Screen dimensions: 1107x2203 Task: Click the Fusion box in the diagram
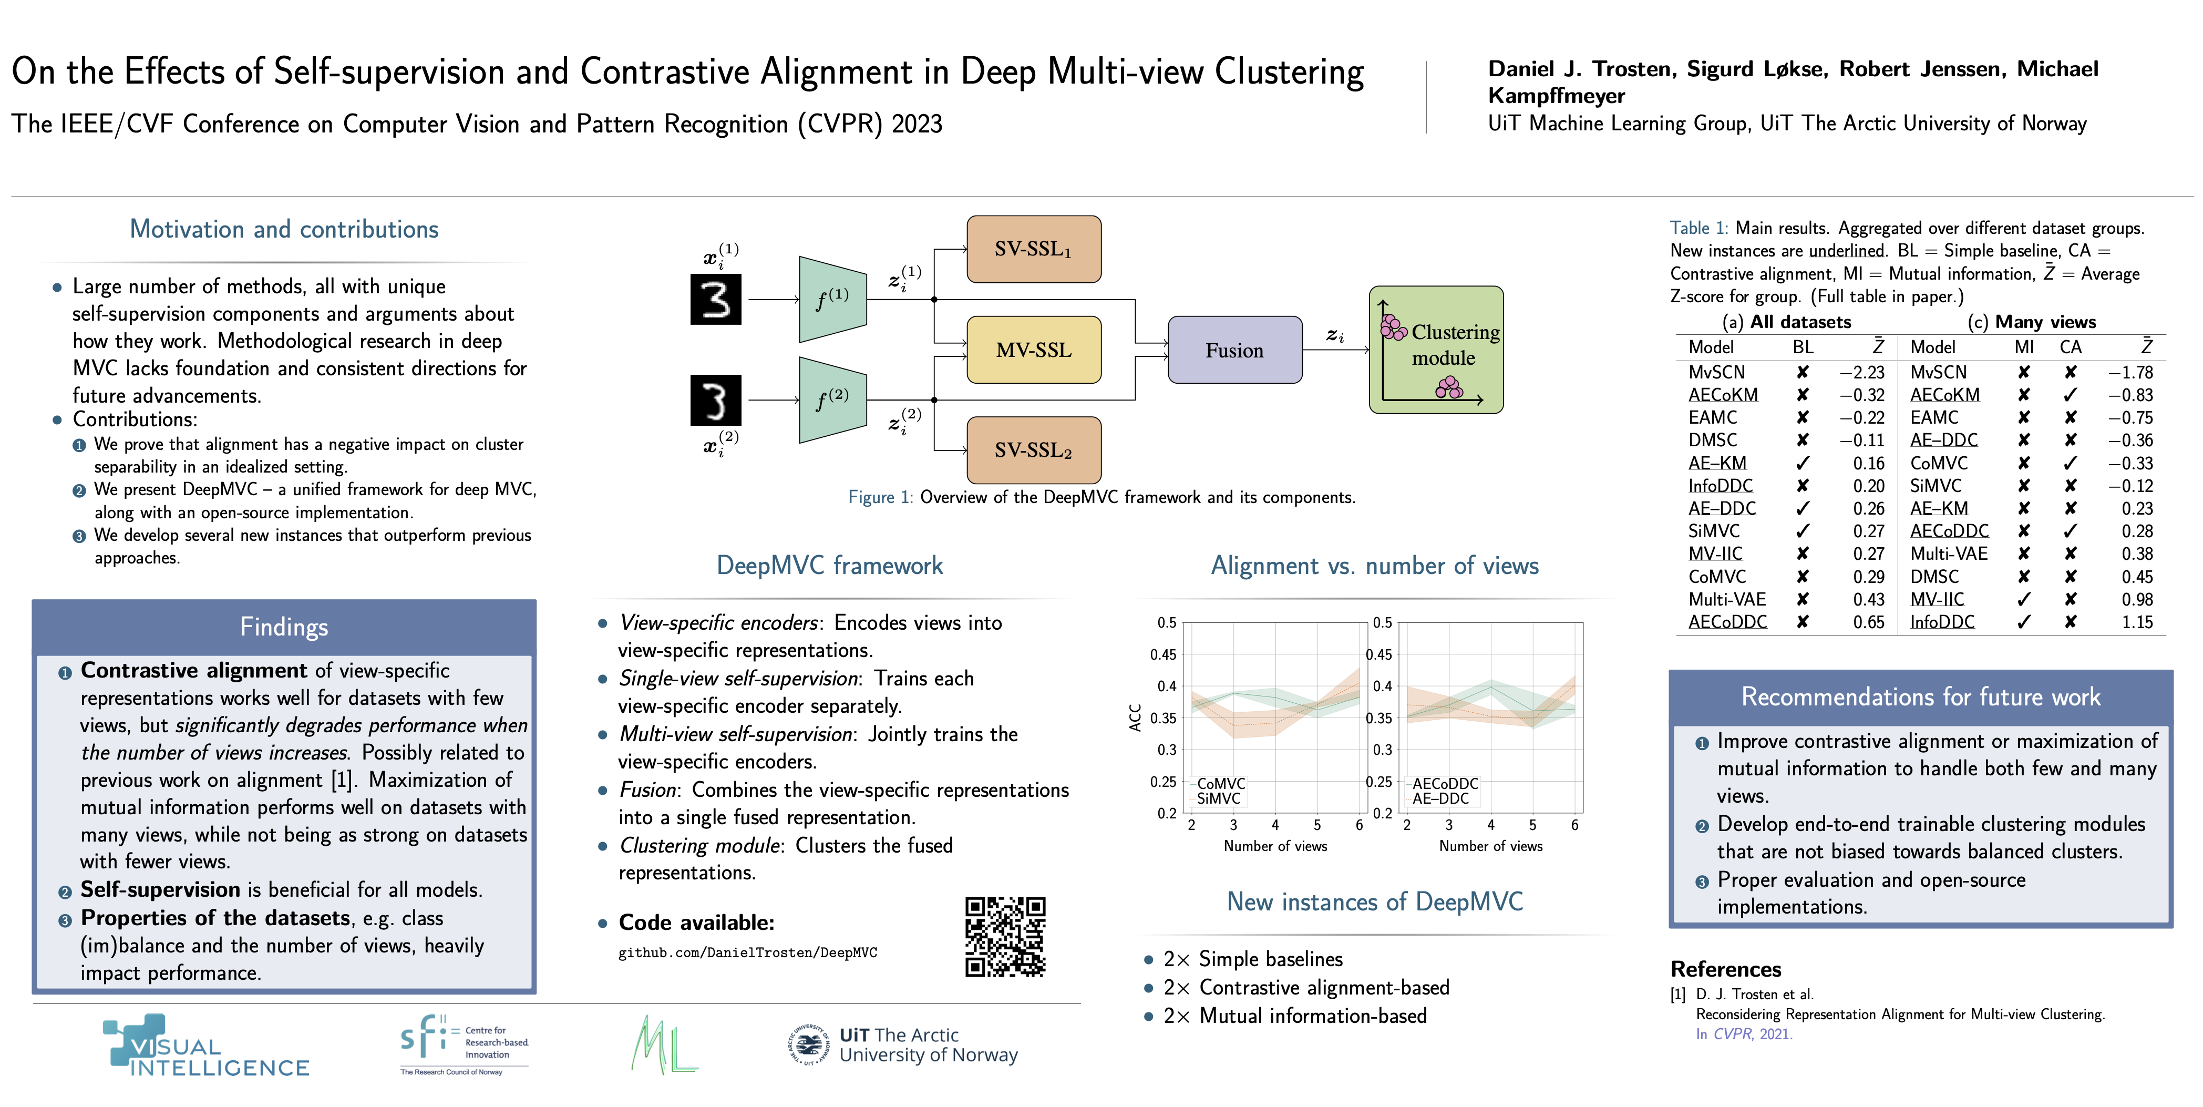[x=1234, y=350]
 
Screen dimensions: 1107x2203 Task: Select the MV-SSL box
[x=1033, y=350]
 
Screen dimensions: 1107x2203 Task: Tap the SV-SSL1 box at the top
[x=1033, y=249]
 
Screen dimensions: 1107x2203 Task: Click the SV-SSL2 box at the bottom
[x=1033, y=450]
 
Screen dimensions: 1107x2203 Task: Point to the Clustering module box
[x=1436, y=350]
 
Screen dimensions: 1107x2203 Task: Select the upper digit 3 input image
[x=716, y=300]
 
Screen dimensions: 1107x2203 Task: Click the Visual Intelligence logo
[x=205, y=1046]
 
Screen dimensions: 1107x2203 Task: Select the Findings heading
[x=284, y=627]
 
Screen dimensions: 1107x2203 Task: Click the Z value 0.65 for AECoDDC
[x=1869, y=622]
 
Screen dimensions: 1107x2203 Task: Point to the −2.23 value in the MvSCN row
[x=1862, y=372]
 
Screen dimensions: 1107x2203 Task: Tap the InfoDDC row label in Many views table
[x=1942, y=622]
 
